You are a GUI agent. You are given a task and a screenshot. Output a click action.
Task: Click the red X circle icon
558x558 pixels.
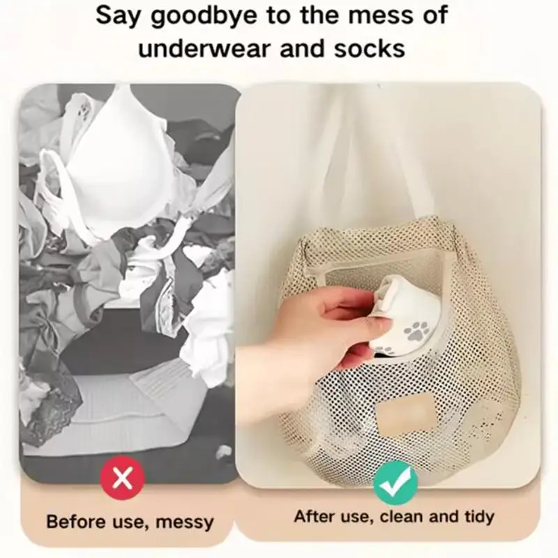coord(123,478)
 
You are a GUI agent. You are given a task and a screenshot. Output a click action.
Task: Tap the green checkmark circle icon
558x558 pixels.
coord(395,483)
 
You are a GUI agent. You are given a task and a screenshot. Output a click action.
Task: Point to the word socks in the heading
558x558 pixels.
coord(370,48)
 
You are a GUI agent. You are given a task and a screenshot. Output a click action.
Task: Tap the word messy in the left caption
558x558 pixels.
coord(185,522)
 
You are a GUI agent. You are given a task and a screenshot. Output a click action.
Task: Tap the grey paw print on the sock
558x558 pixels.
coord(416,330)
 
